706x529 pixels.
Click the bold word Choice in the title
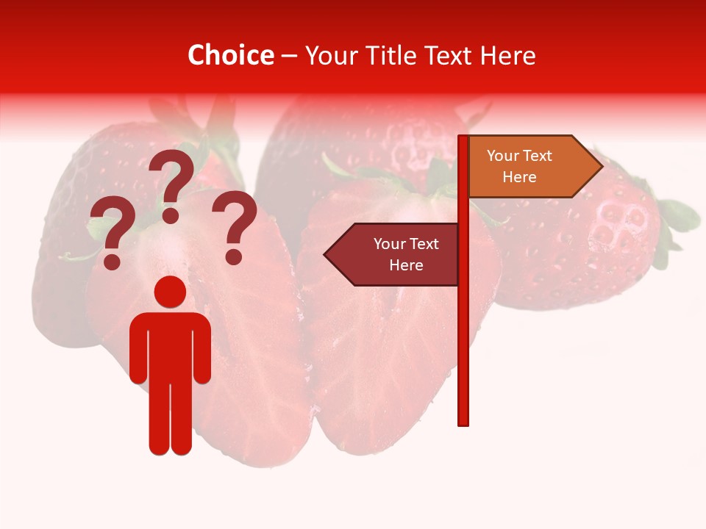pos(230,55)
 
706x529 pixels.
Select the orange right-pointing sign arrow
pos(529,167)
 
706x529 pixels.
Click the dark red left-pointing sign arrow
pos(393,254)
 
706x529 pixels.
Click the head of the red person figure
pos(170,292)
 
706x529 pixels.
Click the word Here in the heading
pos(507,55)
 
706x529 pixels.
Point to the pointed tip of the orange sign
pos(601,167)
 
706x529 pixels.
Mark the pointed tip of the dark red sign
pos(326,254)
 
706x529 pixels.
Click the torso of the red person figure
pos(170,345)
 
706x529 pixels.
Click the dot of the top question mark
pos(171,215)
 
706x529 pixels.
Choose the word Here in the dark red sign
pos(406,265)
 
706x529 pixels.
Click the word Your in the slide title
pos(330,55)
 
